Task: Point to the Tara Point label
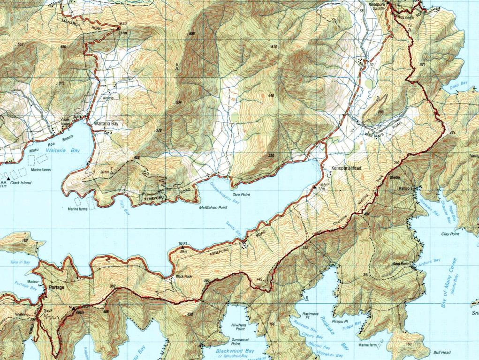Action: click(243, 194)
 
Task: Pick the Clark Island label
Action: click(21, 182)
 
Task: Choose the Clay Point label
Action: click(450, 233)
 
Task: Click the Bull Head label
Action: click(442, 352)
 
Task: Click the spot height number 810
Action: click(274, 46)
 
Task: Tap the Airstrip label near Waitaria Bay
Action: click(108, 97)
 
